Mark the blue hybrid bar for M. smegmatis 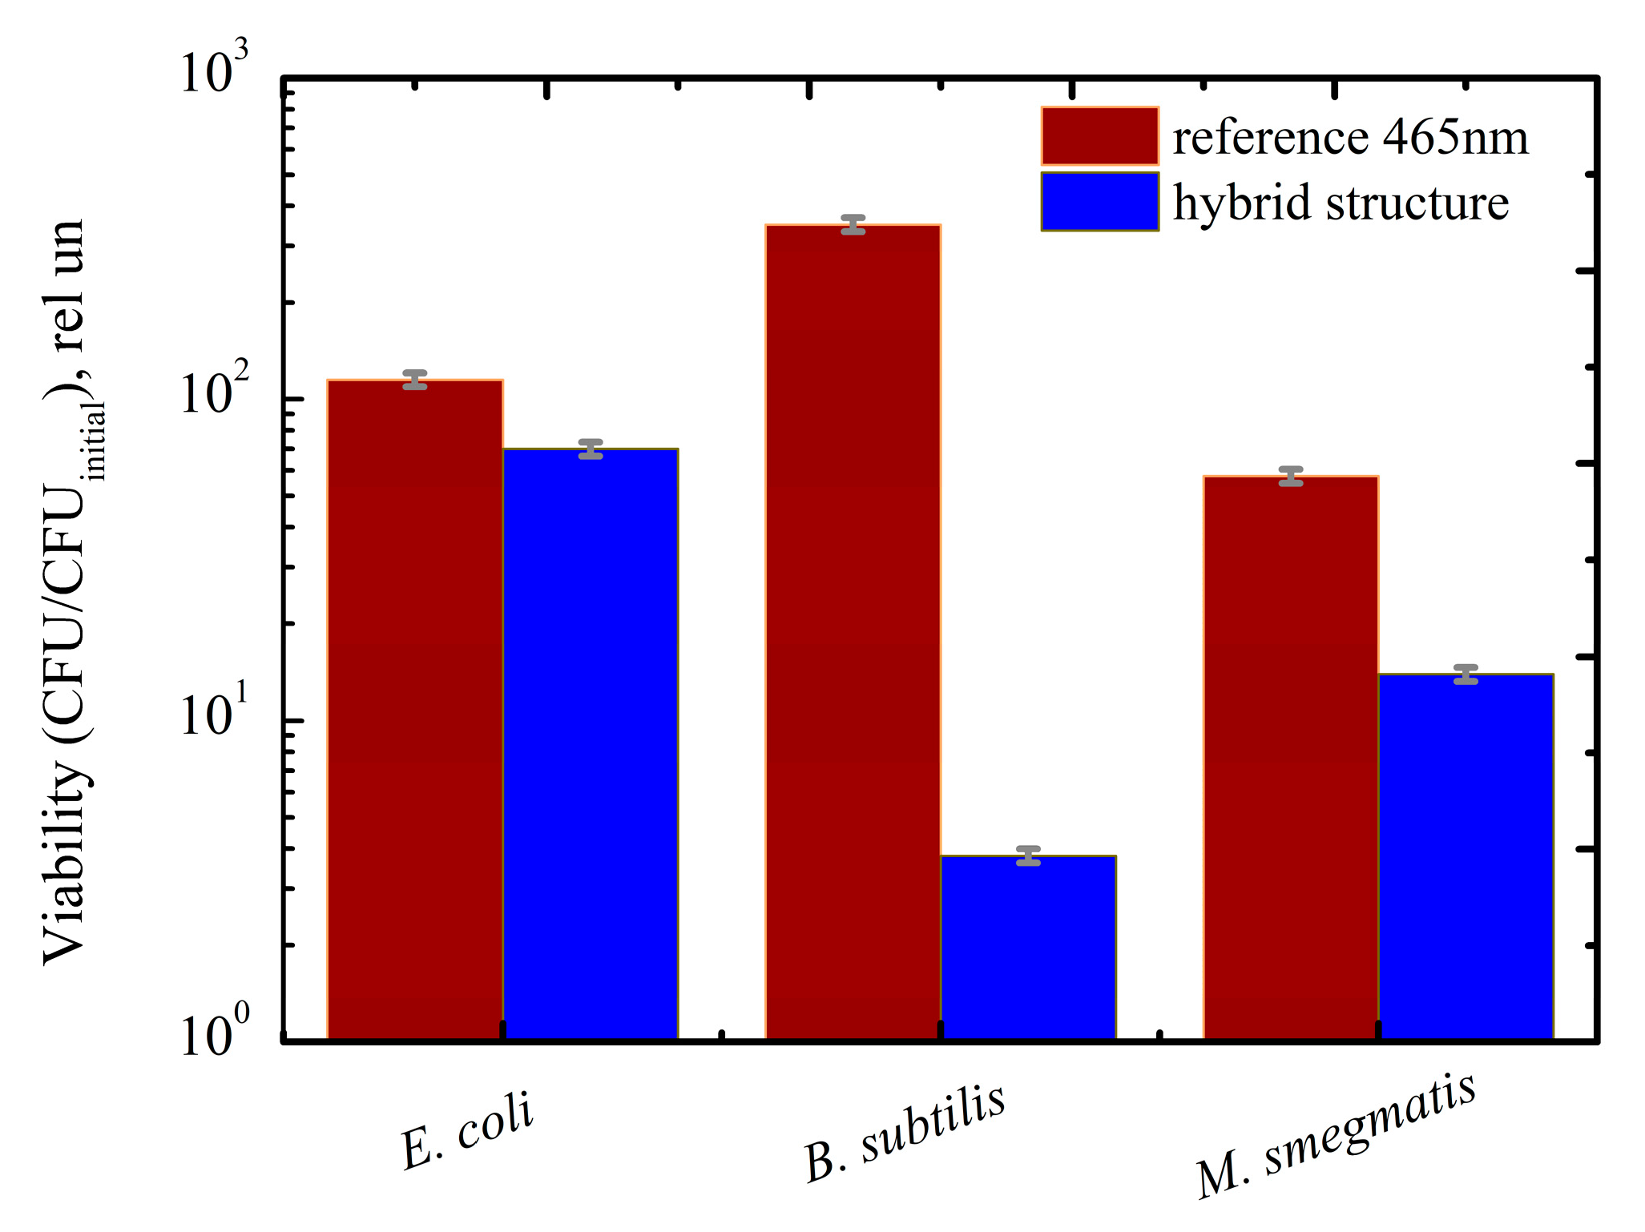coord(1466,856)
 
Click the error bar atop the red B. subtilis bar coord(853,224)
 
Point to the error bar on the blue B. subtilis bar coord(1028,856)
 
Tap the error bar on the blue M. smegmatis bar coord(1466,674)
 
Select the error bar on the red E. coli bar coord(415,380)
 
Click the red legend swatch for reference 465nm coord(1099,136)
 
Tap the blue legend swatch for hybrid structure coord(1099,202)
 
